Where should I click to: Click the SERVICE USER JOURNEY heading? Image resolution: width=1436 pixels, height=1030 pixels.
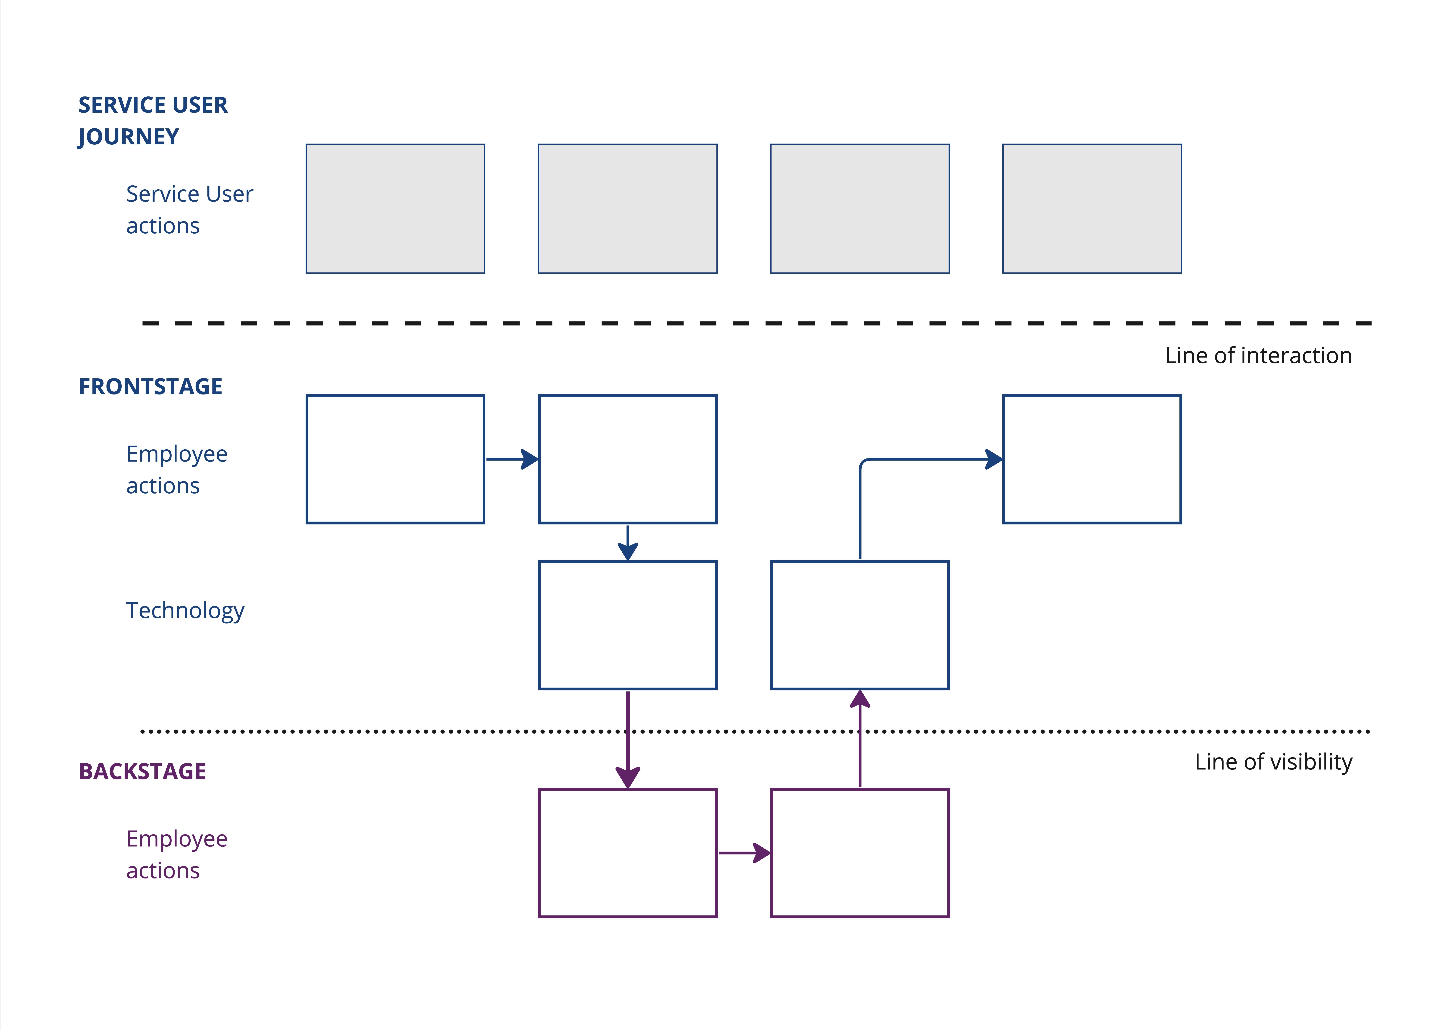[153, 120]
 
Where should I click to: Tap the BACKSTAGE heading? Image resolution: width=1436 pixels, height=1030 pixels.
[142, 772]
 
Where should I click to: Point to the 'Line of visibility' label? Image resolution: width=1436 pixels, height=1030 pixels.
[1273, 762]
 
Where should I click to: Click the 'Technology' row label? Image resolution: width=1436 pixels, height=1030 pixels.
[185, 611]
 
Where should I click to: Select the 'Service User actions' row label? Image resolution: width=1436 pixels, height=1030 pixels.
[189, 210]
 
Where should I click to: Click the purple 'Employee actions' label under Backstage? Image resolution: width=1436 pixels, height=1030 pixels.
[177, 854]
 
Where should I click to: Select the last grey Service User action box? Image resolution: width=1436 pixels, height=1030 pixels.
[1092, 208]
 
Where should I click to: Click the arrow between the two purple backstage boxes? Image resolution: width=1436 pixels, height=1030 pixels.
[745, 853]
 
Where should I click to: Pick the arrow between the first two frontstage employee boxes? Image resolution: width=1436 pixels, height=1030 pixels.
[512, 459]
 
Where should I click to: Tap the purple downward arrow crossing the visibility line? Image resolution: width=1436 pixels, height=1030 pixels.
[627, 740]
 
